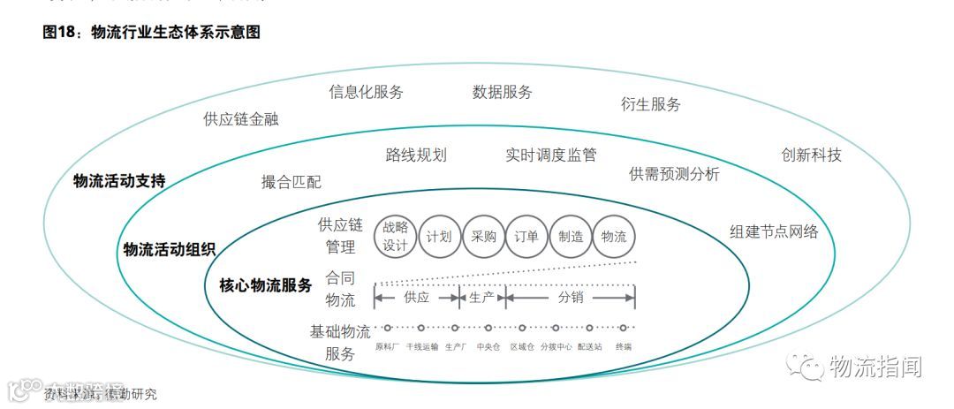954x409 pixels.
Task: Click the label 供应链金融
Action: pos(240,118)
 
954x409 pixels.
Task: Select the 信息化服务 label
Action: pos(366,92)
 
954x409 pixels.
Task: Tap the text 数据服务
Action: pos(502,92)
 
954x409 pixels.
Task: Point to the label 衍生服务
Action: pos(651,104)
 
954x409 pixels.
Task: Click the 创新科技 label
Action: pos(811,155)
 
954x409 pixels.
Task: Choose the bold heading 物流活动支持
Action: pos(119,181)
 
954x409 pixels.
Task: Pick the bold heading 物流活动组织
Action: pos(169,249)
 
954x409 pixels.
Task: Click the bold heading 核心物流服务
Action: pos(265,284)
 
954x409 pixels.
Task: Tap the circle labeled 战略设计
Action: pos(396,236)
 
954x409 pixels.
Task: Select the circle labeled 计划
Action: pos(439,236)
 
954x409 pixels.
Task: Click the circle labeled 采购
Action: pos(483,236)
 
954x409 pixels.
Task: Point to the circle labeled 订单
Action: pos(526,236)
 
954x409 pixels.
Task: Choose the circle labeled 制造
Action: pos(571,236)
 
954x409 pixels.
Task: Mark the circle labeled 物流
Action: pos(614,236)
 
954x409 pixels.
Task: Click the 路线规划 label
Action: pos(416,155)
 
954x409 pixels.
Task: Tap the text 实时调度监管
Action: pos(551,155)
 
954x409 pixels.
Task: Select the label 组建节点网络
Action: pos(774,231)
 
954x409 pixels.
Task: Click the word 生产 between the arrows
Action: pos(482,298)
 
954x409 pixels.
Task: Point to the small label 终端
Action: pos(624,347)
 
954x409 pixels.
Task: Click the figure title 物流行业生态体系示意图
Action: pos(176,32)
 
